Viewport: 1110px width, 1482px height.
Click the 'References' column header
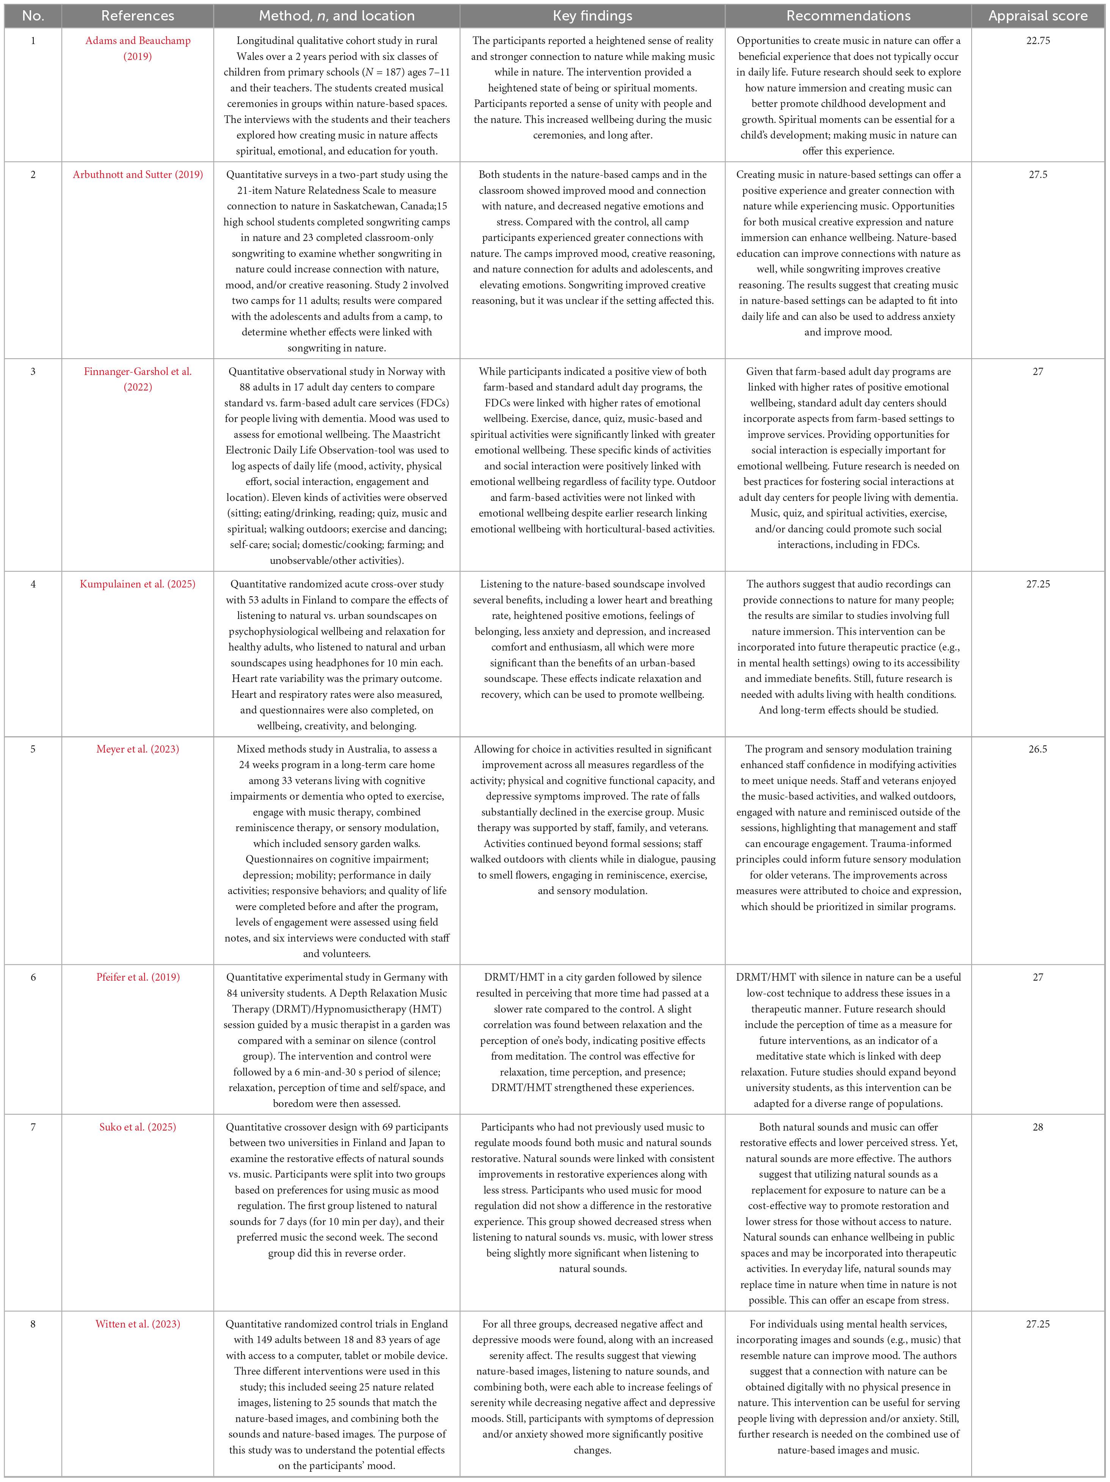click(137, 16)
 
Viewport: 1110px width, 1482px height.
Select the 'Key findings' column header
click(592, 16)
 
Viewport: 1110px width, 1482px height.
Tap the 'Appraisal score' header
click(1038, 16)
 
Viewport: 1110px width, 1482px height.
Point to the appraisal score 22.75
click(1038, 40)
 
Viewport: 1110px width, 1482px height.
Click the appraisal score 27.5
click(1038, 174)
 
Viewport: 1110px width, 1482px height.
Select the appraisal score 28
click(1038, 1127)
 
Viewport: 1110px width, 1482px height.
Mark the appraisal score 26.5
click(1038, 749)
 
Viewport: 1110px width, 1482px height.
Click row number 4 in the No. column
click(33, 584)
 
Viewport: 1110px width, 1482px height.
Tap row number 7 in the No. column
click(33, 1127)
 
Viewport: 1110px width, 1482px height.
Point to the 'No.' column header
click(33, 16)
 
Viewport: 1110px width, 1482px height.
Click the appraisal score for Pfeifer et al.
click(1038, 977)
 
